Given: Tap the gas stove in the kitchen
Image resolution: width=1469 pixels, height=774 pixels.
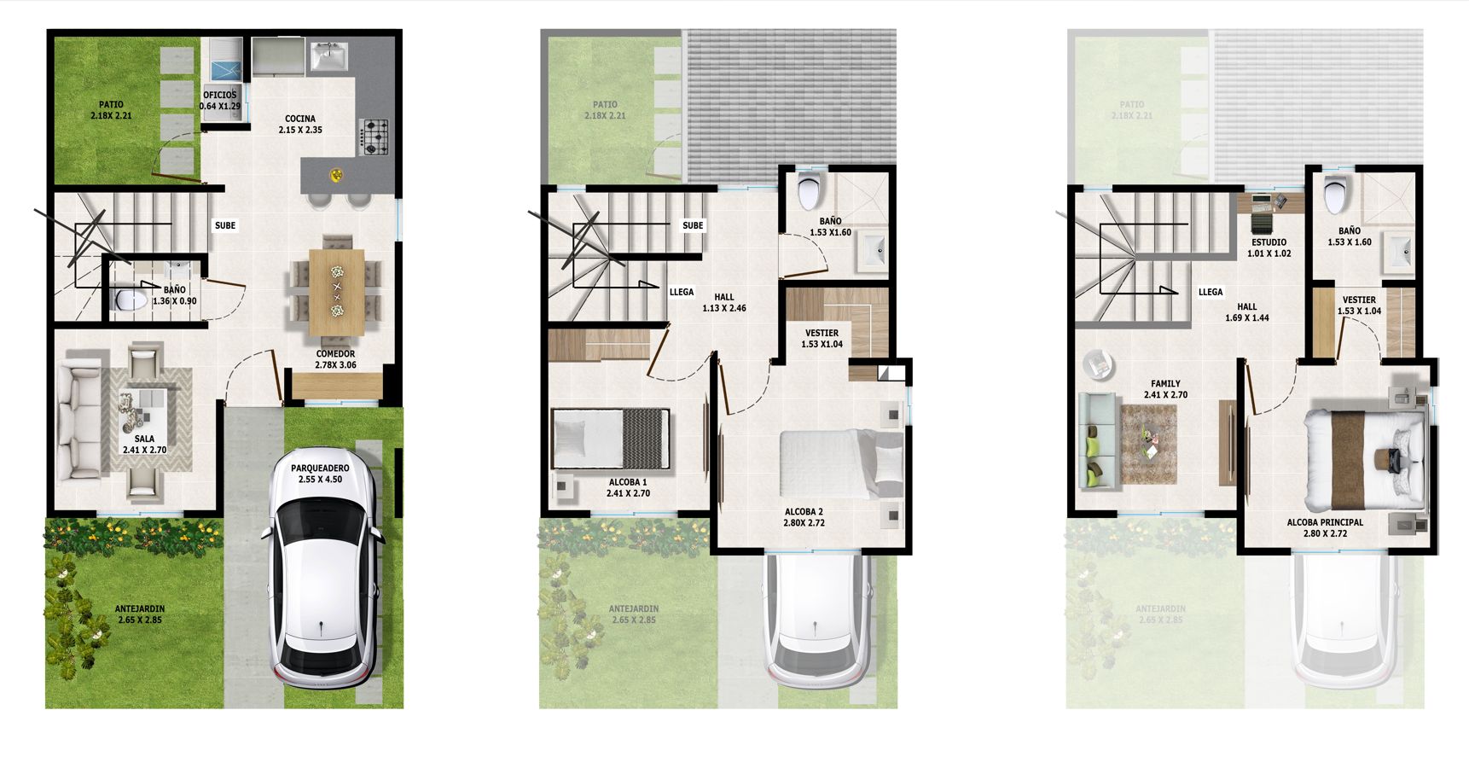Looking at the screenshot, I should tap(375, 137).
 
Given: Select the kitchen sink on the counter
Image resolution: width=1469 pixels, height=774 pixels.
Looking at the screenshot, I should tap(328, 57).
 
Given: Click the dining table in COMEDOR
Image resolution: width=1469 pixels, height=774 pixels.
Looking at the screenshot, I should tap(336, 290).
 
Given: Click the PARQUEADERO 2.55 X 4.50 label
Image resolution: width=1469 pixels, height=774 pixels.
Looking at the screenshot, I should tap(320, 474).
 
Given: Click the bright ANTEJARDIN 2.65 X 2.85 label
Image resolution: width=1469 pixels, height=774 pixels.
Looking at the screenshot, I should tap(140, 614).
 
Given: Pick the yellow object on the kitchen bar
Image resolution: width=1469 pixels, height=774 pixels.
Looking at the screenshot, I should tap(337, 175).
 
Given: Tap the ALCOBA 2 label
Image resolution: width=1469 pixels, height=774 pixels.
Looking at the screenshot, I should tap(804, 517).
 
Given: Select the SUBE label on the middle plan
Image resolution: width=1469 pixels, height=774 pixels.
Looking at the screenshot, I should tap(693, 225).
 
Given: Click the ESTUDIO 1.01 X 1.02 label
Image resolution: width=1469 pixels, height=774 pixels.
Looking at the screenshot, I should tap(1269, 247).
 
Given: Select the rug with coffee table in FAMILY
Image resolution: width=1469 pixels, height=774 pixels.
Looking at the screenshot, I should tap(1148, 444).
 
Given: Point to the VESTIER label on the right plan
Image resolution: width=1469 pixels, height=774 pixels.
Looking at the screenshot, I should tap(1359, 306).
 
